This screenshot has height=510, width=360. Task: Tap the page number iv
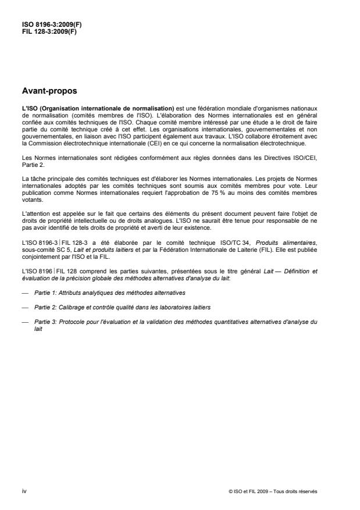coord(24,491)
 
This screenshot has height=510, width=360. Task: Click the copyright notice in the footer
coord(273,491)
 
